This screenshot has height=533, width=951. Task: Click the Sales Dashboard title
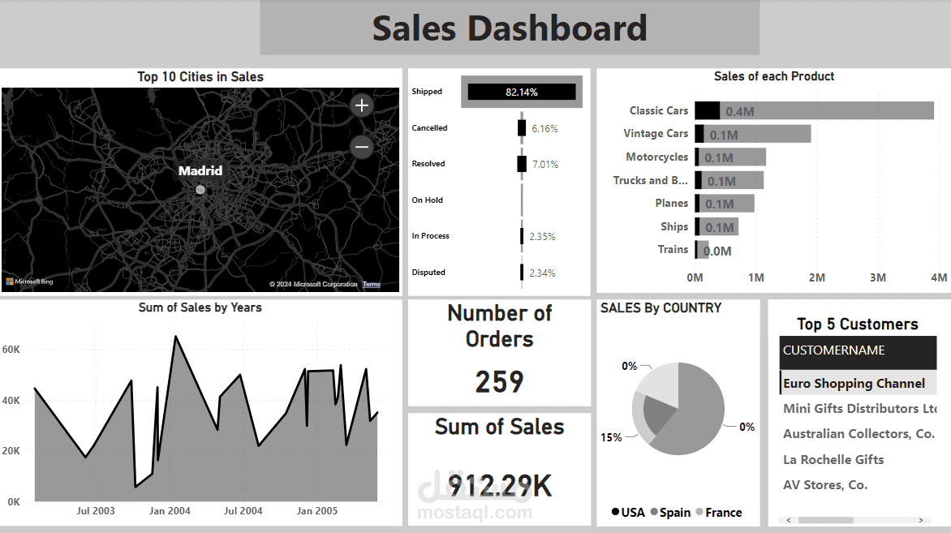point(510,28)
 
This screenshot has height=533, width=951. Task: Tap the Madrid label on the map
point(200,171)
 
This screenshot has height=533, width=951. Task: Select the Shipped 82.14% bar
point(521,92)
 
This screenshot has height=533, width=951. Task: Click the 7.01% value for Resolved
point(544,164)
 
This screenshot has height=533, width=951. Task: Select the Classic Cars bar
point(814,111)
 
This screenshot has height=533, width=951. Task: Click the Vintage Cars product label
point(655,134)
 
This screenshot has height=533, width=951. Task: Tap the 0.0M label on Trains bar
point(717,251)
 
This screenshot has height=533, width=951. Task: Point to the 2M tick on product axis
point(816,278)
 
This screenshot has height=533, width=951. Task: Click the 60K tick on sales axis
point(11,350)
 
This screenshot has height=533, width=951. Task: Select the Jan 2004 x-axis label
point(170,511)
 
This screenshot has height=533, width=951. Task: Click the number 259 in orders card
point(499,381)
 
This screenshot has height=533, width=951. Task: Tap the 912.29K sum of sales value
point(500,486)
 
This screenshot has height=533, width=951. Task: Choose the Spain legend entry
point(674,513)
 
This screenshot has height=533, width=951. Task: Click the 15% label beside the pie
point(610,438)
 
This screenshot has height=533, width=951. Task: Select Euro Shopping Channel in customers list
point(854,384)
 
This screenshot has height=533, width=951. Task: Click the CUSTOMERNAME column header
point(833,351)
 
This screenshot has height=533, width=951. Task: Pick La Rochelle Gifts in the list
point(833,460)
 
